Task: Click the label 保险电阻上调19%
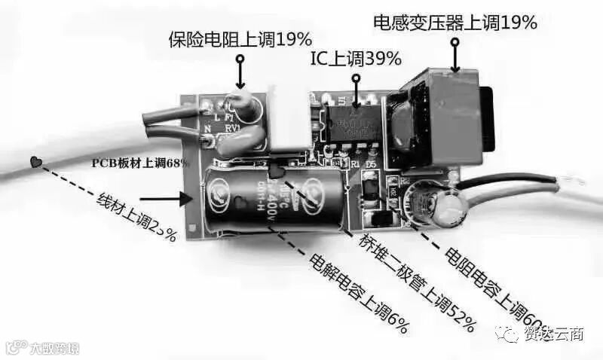[240, 40]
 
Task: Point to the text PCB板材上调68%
[140, 163]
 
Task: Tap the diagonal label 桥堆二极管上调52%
[415, 285]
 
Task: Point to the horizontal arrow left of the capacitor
[163, 200]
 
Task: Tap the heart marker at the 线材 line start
[35, 162]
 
